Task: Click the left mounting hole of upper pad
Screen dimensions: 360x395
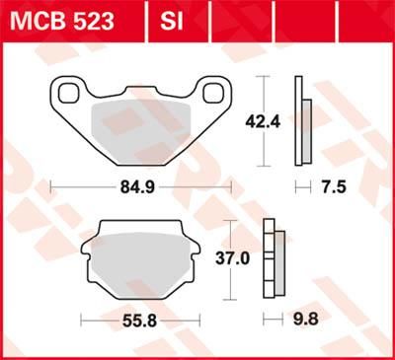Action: tap(69, 95)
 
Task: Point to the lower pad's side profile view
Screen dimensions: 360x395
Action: tap(274, 258)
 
